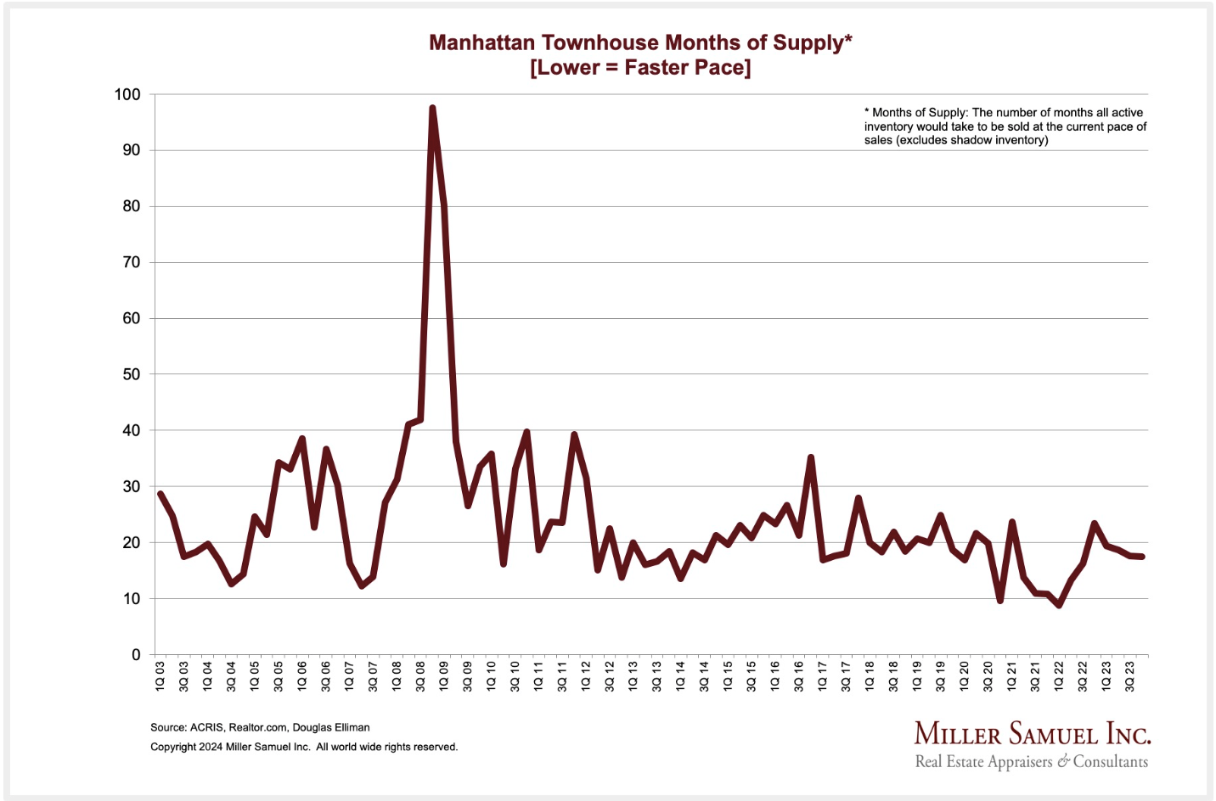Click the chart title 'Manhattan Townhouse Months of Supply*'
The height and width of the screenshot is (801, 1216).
coord(639,42)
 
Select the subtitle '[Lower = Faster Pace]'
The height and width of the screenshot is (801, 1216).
coord(639,68)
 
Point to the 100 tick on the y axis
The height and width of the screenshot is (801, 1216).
coord(127,94)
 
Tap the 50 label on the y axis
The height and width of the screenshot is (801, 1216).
coord(131,374)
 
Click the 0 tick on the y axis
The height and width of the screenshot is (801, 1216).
coord(136,654)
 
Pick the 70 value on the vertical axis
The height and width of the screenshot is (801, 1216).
coord(131,262)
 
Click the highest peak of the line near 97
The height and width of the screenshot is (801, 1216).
coord(432,109)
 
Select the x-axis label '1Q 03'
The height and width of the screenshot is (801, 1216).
coord(160,675)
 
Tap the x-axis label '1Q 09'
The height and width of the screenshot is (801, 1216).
coord(444,675)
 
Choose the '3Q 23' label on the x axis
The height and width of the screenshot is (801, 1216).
coord(1129,675)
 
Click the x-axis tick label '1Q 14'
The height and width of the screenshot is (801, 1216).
coord(680,675)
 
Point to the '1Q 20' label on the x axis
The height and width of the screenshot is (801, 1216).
coord(964,675)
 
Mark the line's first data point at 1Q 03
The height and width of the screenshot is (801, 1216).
coord(160,494)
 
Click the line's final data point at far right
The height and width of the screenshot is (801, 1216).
coord(1142,557)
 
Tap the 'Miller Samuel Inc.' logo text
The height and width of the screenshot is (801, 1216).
coord(1032,734)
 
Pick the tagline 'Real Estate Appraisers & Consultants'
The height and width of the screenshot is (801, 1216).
coord(1031,761)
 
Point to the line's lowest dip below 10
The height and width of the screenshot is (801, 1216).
coord(1059,605)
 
